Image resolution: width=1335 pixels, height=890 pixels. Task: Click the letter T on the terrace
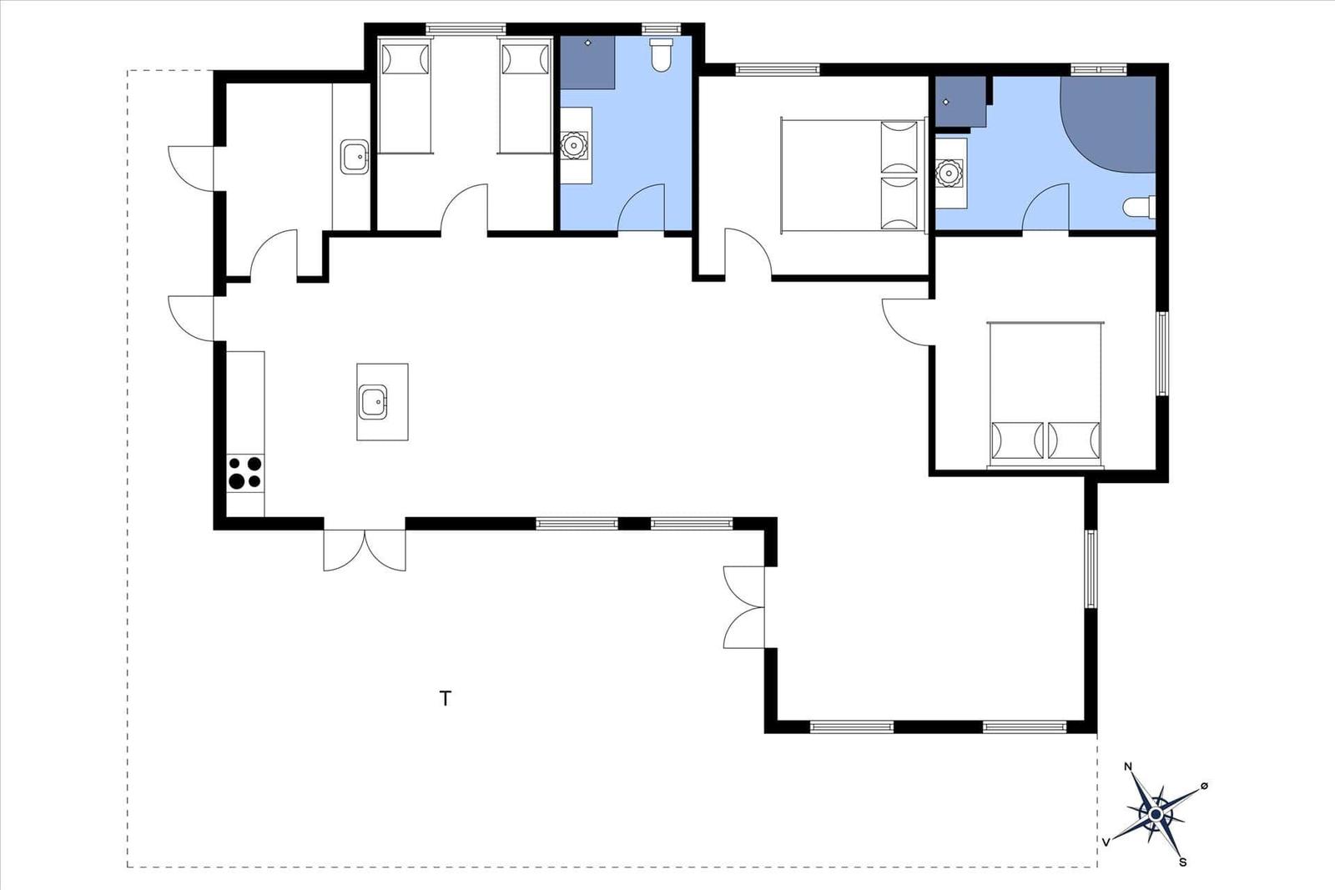(446, 698)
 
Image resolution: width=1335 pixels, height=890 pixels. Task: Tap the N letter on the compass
(1127, 766)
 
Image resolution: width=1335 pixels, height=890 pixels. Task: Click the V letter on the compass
(1106, 842)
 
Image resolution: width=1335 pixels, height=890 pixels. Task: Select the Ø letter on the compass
(1204, 786)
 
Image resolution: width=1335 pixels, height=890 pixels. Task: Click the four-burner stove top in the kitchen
(245, 473)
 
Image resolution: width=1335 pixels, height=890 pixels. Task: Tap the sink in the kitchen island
(373, 401)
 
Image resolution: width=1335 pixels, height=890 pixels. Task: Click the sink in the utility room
(355, 157)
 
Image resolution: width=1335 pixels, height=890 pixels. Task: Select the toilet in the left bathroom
(661, 55)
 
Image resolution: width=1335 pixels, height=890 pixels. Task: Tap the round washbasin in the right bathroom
(948, 173)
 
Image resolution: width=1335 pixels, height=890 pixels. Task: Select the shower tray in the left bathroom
(587, 62)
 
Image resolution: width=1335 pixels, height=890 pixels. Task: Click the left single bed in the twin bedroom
(406, 95)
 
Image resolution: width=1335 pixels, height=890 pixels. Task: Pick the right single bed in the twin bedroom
(525, 95)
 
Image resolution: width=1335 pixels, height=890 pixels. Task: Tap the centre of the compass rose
(1156, 814)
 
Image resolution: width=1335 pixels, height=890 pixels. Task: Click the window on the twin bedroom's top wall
(466, 28)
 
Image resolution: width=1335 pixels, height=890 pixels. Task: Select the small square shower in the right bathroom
(960, 101)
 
